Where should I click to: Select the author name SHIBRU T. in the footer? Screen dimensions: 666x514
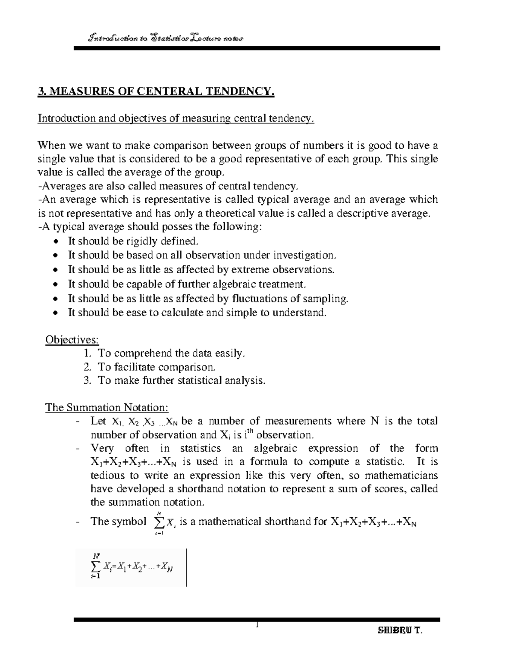400,631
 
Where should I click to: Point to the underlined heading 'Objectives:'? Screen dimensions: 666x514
72,340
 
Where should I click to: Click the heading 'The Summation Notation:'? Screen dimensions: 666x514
107,407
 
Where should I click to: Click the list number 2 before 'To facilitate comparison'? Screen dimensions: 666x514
87,367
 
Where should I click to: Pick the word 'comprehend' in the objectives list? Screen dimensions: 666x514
143,353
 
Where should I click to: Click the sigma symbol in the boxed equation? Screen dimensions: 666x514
96,567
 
